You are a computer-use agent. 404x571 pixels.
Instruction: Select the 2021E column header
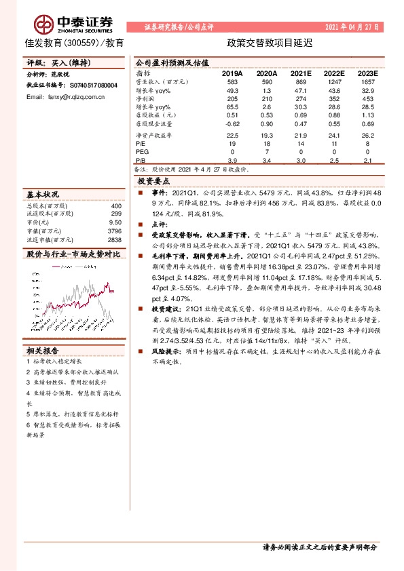[302, 73]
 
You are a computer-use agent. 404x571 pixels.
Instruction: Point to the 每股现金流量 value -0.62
[232, 123]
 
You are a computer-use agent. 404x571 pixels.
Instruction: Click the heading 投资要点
[155, 182]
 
